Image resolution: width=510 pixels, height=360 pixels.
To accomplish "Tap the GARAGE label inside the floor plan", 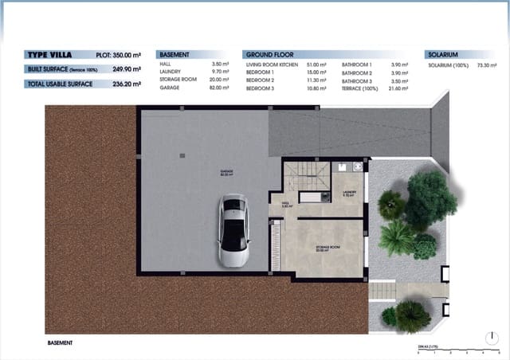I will click(x=226, y=172).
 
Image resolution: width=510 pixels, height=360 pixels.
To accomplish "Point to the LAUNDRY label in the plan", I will click(x=349, y=193).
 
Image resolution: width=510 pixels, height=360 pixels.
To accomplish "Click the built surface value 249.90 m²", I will click(x=138, y=68).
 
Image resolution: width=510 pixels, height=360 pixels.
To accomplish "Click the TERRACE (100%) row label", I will click(x=362, y=89).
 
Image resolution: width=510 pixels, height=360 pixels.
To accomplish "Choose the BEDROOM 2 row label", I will click(x=260, y=80).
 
